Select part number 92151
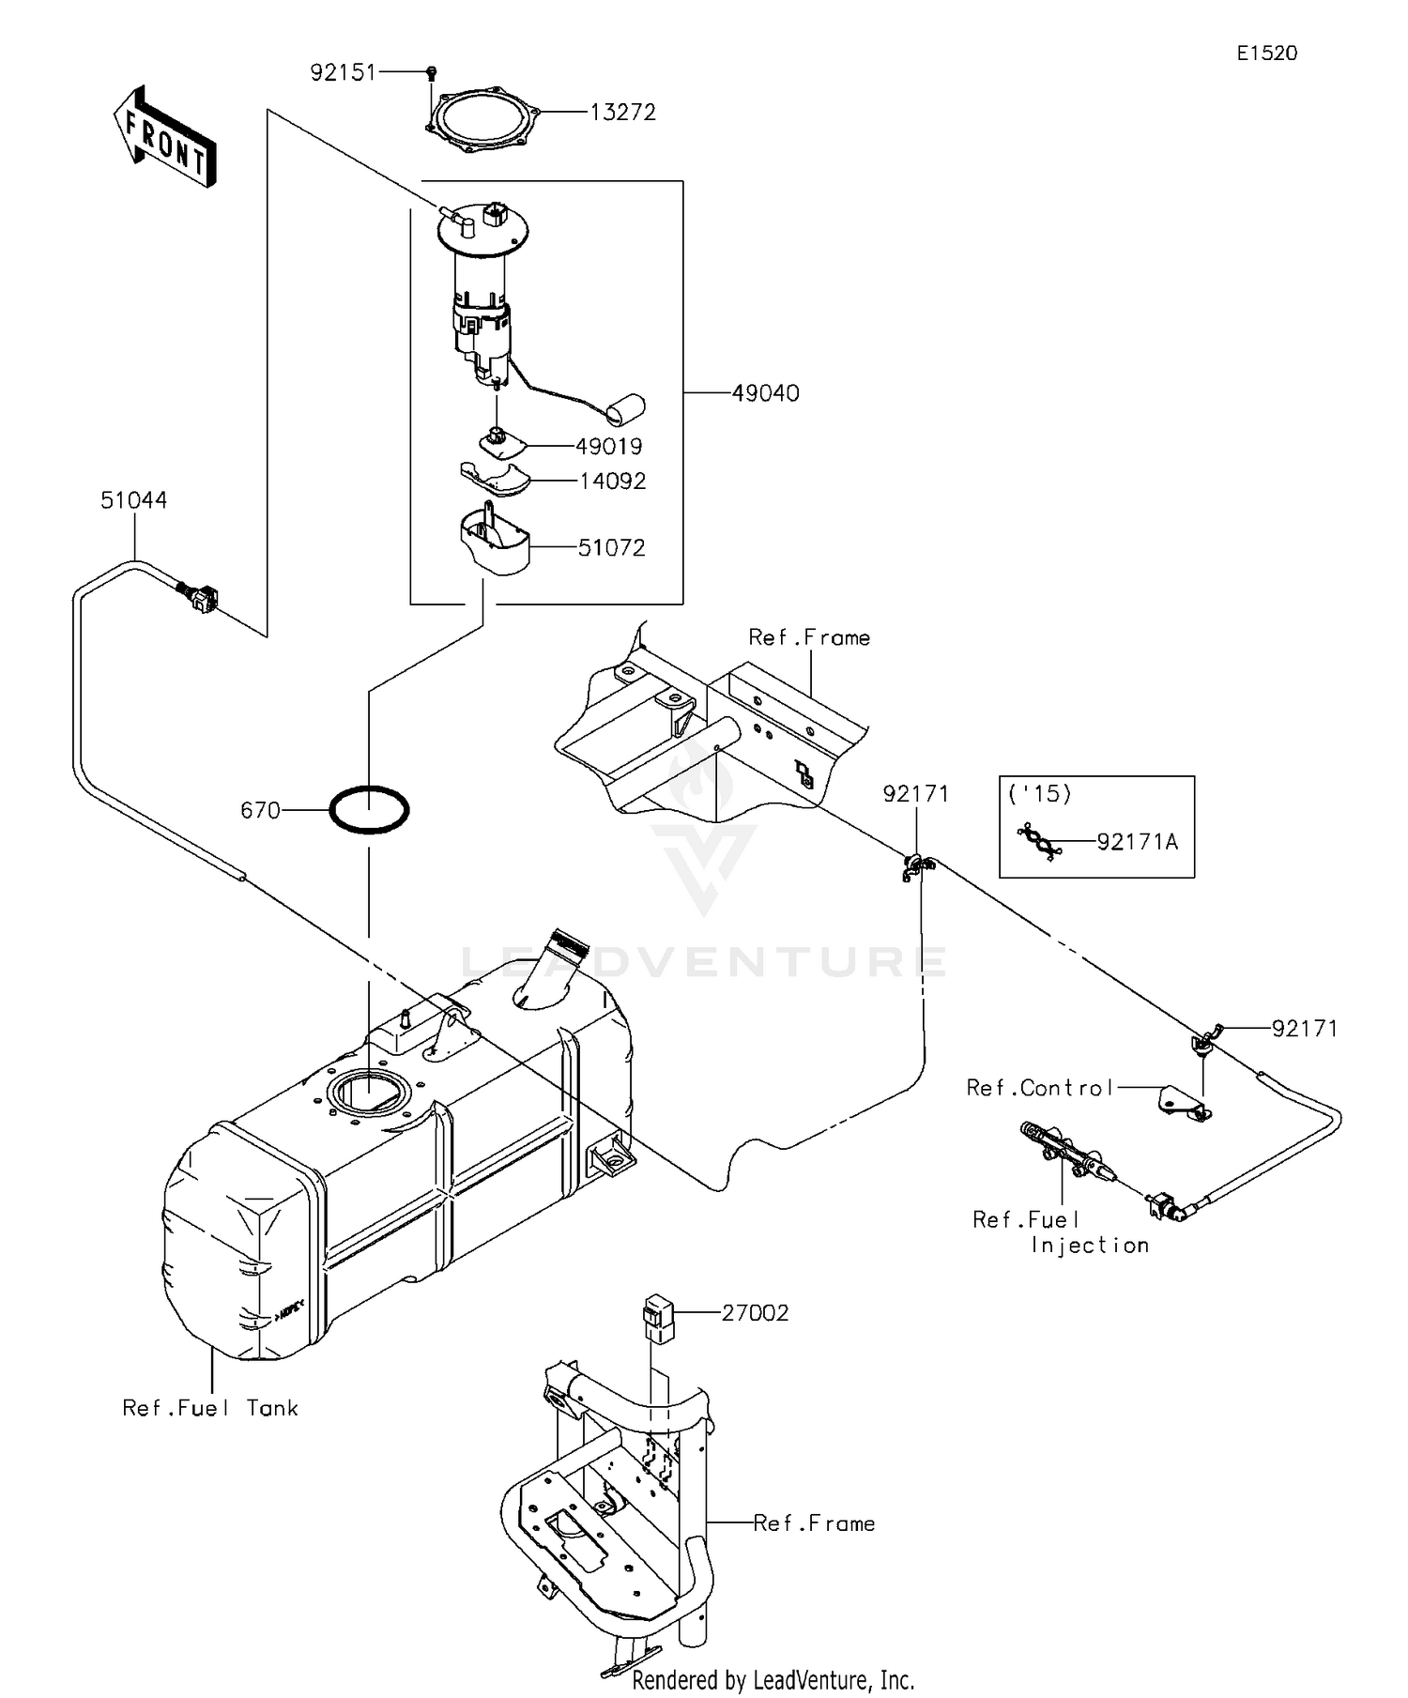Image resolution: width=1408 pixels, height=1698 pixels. pyautogui.click(x=343, y=72)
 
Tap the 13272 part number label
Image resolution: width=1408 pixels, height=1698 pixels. pyautogui.click(x=622, y=113)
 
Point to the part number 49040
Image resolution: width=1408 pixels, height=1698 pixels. pyautogui.click(x=765, y=393)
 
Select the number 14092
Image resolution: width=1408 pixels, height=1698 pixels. pyautogui.click(x=612, y=482)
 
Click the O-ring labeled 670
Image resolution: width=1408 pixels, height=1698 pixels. pyautogui.click(x=369, y=809)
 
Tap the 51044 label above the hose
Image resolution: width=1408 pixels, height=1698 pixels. pyautogui.click(x=134, y=500)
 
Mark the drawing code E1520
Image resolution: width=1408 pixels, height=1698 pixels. pyautogui.click(x=1266, y=54)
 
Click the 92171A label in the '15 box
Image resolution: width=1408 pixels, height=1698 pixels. pyautogui.click(x=1137, y=842)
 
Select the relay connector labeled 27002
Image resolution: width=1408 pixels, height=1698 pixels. pyautogui.click(x=657, y=1319)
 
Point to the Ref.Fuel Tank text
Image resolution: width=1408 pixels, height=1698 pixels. pyautogui.click(x=210, y=1408)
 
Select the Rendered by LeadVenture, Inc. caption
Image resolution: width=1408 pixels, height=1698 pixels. pyautogui.click(x=773, y=1679)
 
